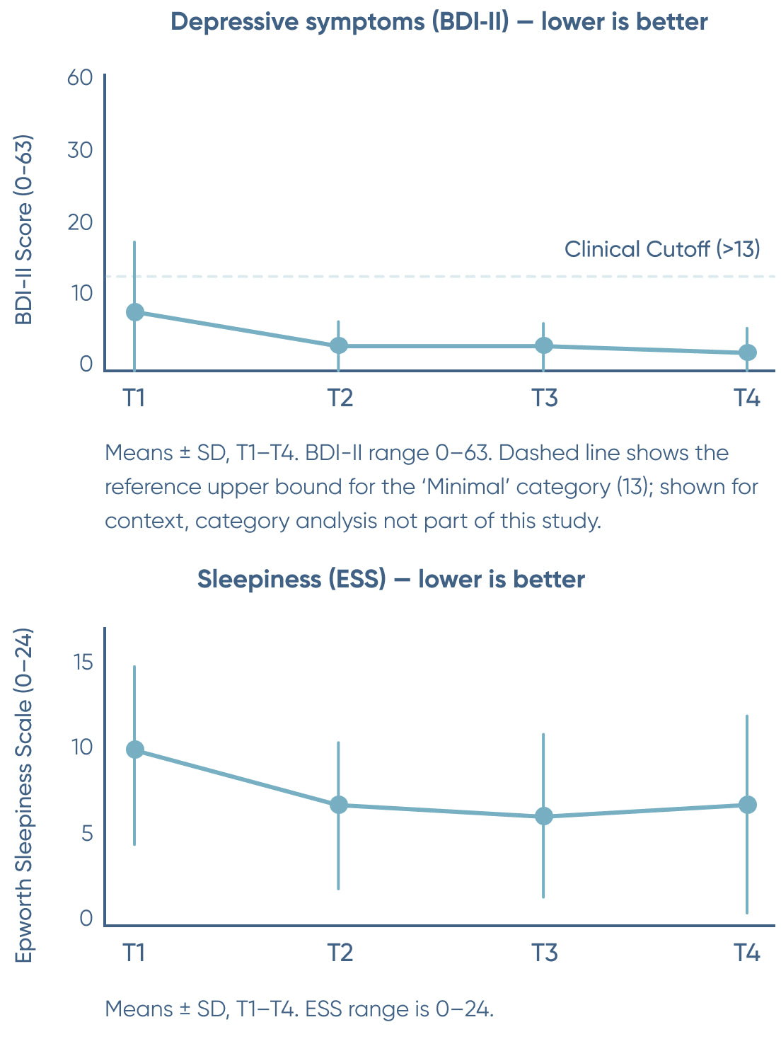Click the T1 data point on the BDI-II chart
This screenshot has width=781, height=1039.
pyautogui.click(x=134, y=312)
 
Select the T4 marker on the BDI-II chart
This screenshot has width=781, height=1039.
pyautogui.click(x=747, y=352)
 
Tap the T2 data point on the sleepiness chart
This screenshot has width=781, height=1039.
pyautogui.click(x=339, y=805)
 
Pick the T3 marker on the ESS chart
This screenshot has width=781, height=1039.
pyautogui.click(x=543, y=816)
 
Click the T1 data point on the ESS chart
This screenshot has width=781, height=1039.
pyautogui.click(x=134, y=750)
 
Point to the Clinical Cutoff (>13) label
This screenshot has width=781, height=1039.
pyautogui.click(x=661, y=249)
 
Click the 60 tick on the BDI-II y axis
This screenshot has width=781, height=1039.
pyautogui.click(x=80, y=77)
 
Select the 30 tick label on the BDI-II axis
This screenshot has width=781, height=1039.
pyautogui.click(x=80, y=150)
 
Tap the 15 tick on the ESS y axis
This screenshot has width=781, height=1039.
pyautogui.click(x=83, y=662)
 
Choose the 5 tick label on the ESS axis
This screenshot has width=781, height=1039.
pyautogui.click(x=87, y=833)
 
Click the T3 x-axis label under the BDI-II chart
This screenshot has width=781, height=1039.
pyautogui.click(x=544, y=398)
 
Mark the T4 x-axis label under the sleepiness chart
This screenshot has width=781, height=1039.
pyautogui.click(x=746, y=953)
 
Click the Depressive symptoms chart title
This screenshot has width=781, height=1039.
pyautogui.click(x=439, y=22)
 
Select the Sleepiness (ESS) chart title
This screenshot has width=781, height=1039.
pyautogui.click(x=390, y=579)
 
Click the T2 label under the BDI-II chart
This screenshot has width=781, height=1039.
pyautogui.click(x=340, y=398)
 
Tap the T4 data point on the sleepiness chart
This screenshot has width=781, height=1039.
pyautogui.click(x=747, y=805)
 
